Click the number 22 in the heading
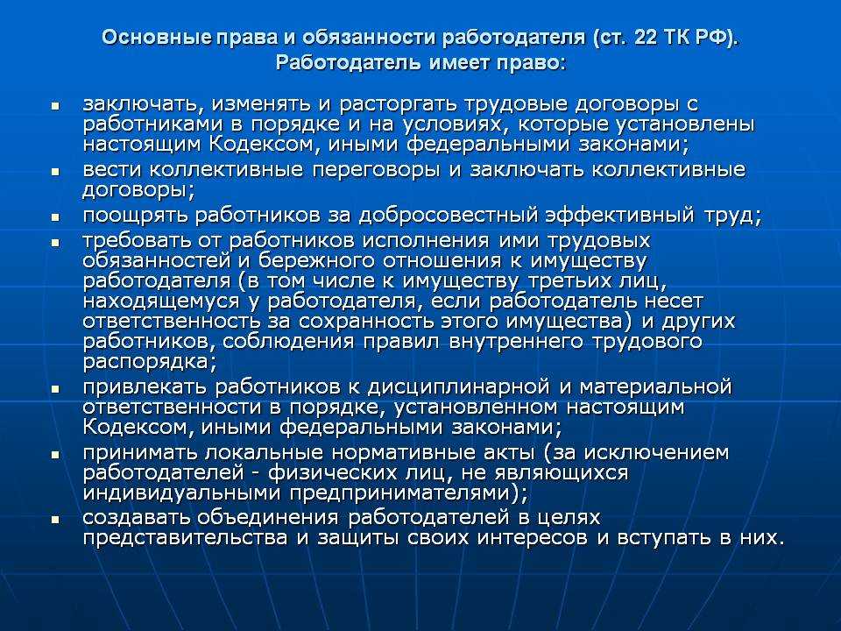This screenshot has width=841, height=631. [x=647, y=38]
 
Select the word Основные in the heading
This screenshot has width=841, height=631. [x=157, y=38]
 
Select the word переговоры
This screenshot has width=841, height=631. [x=377, y=171]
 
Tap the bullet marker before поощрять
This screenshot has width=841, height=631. [x=56, y=218]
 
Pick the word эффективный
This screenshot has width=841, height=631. [x=620, y=216]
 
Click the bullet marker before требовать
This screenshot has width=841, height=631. [x=56, y=243]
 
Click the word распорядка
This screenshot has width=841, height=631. [x=146, y=362]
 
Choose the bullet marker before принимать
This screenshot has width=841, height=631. [x=56, y=455]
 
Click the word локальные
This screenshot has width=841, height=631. [x=263, y=453]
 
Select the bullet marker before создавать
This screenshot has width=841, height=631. [x=56, y=521]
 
